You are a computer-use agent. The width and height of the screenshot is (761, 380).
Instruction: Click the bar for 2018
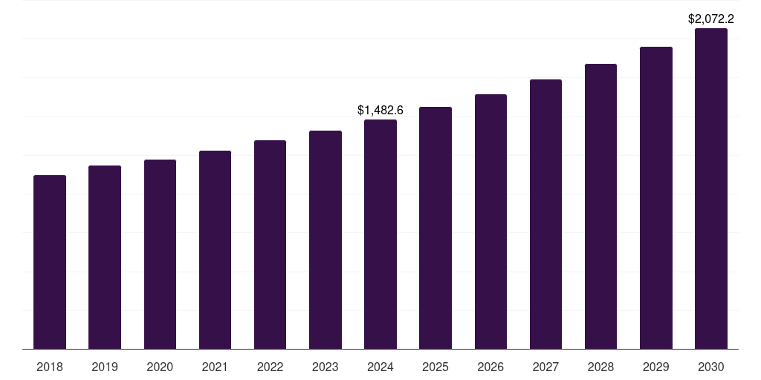(x=50, y=262)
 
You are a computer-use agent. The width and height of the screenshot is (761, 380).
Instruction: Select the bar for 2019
(x=105, y=258)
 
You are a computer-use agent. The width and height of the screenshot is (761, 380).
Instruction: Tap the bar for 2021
(x=215, y=250)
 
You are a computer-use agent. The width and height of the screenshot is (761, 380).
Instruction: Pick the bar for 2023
(x=326, y=240)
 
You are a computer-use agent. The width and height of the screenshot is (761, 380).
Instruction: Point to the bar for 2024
(x=380, y=235)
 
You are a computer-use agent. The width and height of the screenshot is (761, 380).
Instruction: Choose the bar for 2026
(x=490, y=222)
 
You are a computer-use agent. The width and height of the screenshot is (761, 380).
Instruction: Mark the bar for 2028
(x=600, y=206)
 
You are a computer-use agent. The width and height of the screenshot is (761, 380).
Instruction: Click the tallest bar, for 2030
(x=711, y=189)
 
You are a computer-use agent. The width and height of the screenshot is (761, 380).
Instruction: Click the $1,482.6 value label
(x=380, y=110)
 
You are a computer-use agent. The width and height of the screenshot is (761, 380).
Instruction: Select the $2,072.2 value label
(x=711, y=19)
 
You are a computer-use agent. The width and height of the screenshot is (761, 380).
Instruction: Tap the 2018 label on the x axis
(x=50, y=367)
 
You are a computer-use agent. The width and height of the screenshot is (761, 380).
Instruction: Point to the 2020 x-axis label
(x=160, y=367)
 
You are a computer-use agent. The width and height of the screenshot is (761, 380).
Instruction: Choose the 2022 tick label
(x=270, y=367)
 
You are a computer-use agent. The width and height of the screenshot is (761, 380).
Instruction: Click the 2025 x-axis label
(x=435, y=367)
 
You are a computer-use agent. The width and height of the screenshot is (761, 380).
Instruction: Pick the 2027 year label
(x=545, y=367)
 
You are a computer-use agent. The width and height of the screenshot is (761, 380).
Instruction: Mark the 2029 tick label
(x=656, y=367)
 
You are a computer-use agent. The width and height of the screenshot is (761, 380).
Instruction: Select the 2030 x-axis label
(x=711, y=367)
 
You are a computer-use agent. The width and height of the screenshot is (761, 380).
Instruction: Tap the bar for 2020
(x=160, y=255)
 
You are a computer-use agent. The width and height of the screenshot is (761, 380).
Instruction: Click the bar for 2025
(x=435, y=228)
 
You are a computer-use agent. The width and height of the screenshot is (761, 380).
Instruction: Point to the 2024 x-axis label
(x=380, y=367)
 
